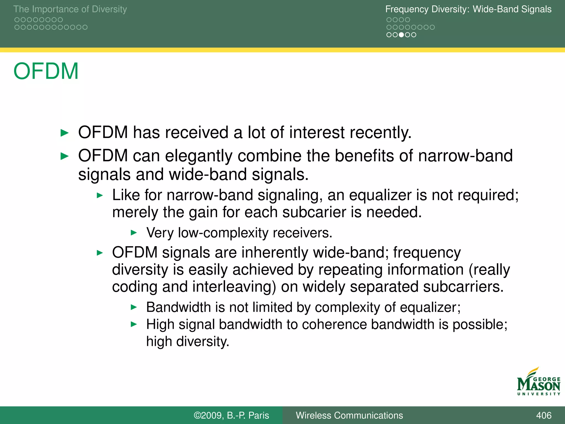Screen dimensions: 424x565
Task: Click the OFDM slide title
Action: [x=46, y=71]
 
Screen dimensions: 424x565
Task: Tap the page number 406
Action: [x=543, y=415]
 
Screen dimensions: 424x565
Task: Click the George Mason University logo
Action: [x=538, y=382]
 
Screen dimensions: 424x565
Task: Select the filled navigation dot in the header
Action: [x=401, y=35]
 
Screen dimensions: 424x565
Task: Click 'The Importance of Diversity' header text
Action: [x=70, y=9]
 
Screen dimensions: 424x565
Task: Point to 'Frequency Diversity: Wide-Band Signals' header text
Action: [x=468, y=9]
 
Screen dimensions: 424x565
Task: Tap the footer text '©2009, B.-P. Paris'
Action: [x=231, y=415]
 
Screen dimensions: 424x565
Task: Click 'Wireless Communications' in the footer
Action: [x=349, y=415]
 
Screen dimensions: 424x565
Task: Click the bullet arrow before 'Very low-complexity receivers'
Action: [x=134, y=233]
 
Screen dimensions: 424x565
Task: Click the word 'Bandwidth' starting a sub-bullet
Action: [x=178, y=307]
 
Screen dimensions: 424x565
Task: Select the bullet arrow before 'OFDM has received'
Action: [x=64, y=133]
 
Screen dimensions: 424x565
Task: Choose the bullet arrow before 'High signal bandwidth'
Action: [x=134, y=324]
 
